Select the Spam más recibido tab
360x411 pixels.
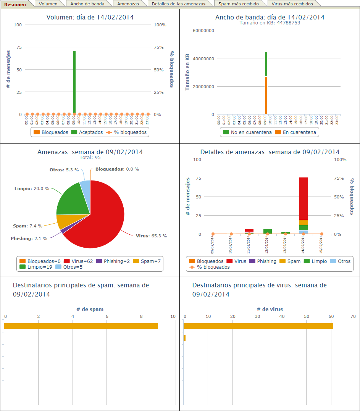click(238, 4)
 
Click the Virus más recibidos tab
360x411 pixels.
click(292, 4)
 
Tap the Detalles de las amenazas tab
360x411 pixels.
click(178, 4)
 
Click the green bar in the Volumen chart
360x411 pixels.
click(74, 82)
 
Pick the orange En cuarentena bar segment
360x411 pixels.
click(266, 95)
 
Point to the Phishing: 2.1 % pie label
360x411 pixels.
click(29, 239)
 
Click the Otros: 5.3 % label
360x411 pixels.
click(64, 170)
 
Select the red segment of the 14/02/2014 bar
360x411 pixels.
click(303, 198)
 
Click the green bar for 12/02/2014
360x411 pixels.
click(268, 231)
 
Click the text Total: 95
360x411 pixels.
click(90, 158)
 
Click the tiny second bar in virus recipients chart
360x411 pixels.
click(184, 338)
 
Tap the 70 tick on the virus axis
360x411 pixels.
click(353, 317)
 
